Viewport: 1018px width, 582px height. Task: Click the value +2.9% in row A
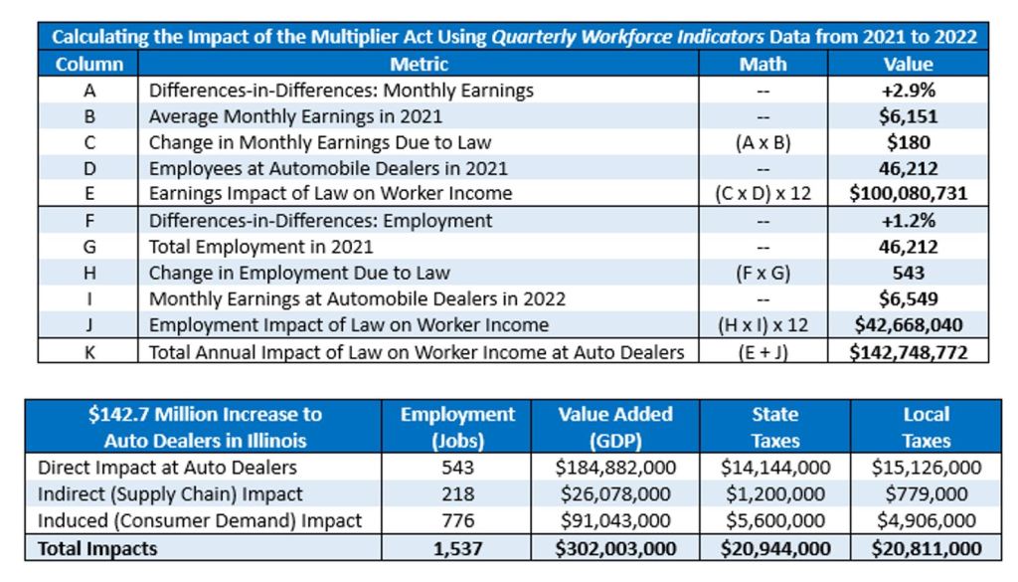[909, 91]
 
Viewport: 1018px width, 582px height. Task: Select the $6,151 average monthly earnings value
[909, 116]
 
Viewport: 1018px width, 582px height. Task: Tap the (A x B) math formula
[763, 142]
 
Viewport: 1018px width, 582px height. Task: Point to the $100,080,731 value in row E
[909, 194]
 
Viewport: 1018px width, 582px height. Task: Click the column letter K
[88, 350]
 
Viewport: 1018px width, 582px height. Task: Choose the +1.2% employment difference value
[909, 221]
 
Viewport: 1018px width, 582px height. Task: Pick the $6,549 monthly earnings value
[909, 298]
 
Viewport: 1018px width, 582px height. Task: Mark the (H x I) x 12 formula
[763, 324]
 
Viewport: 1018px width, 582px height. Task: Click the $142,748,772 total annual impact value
[909, 350]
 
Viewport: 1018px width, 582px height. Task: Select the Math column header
[763, 65]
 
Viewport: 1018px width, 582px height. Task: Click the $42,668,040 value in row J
[909, 324]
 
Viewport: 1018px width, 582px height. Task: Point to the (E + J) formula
[763, 350]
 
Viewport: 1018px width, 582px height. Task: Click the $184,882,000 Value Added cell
[616, 468]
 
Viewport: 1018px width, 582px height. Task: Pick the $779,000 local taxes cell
[926, 493]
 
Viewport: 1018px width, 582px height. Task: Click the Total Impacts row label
[97, 548]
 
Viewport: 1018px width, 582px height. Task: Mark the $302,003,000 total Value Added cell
[616, 548]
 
